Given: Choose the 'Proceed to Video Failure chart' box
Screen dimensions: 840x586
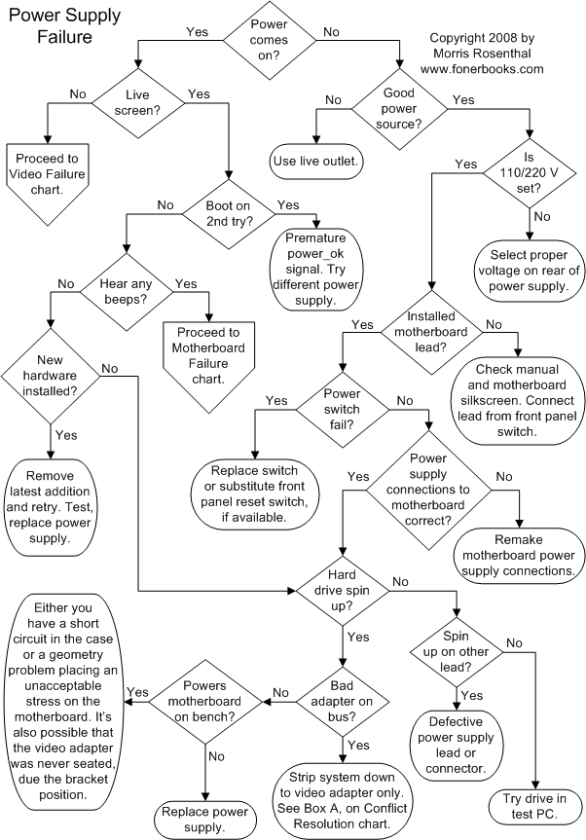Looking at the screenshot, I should pos(48,173).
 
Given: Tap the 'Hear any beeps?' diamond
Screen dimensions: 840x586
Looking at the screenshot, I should pos(124,292).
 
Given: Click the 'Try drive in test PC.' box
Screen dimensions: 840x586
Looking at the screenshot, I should pos(535,804).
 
